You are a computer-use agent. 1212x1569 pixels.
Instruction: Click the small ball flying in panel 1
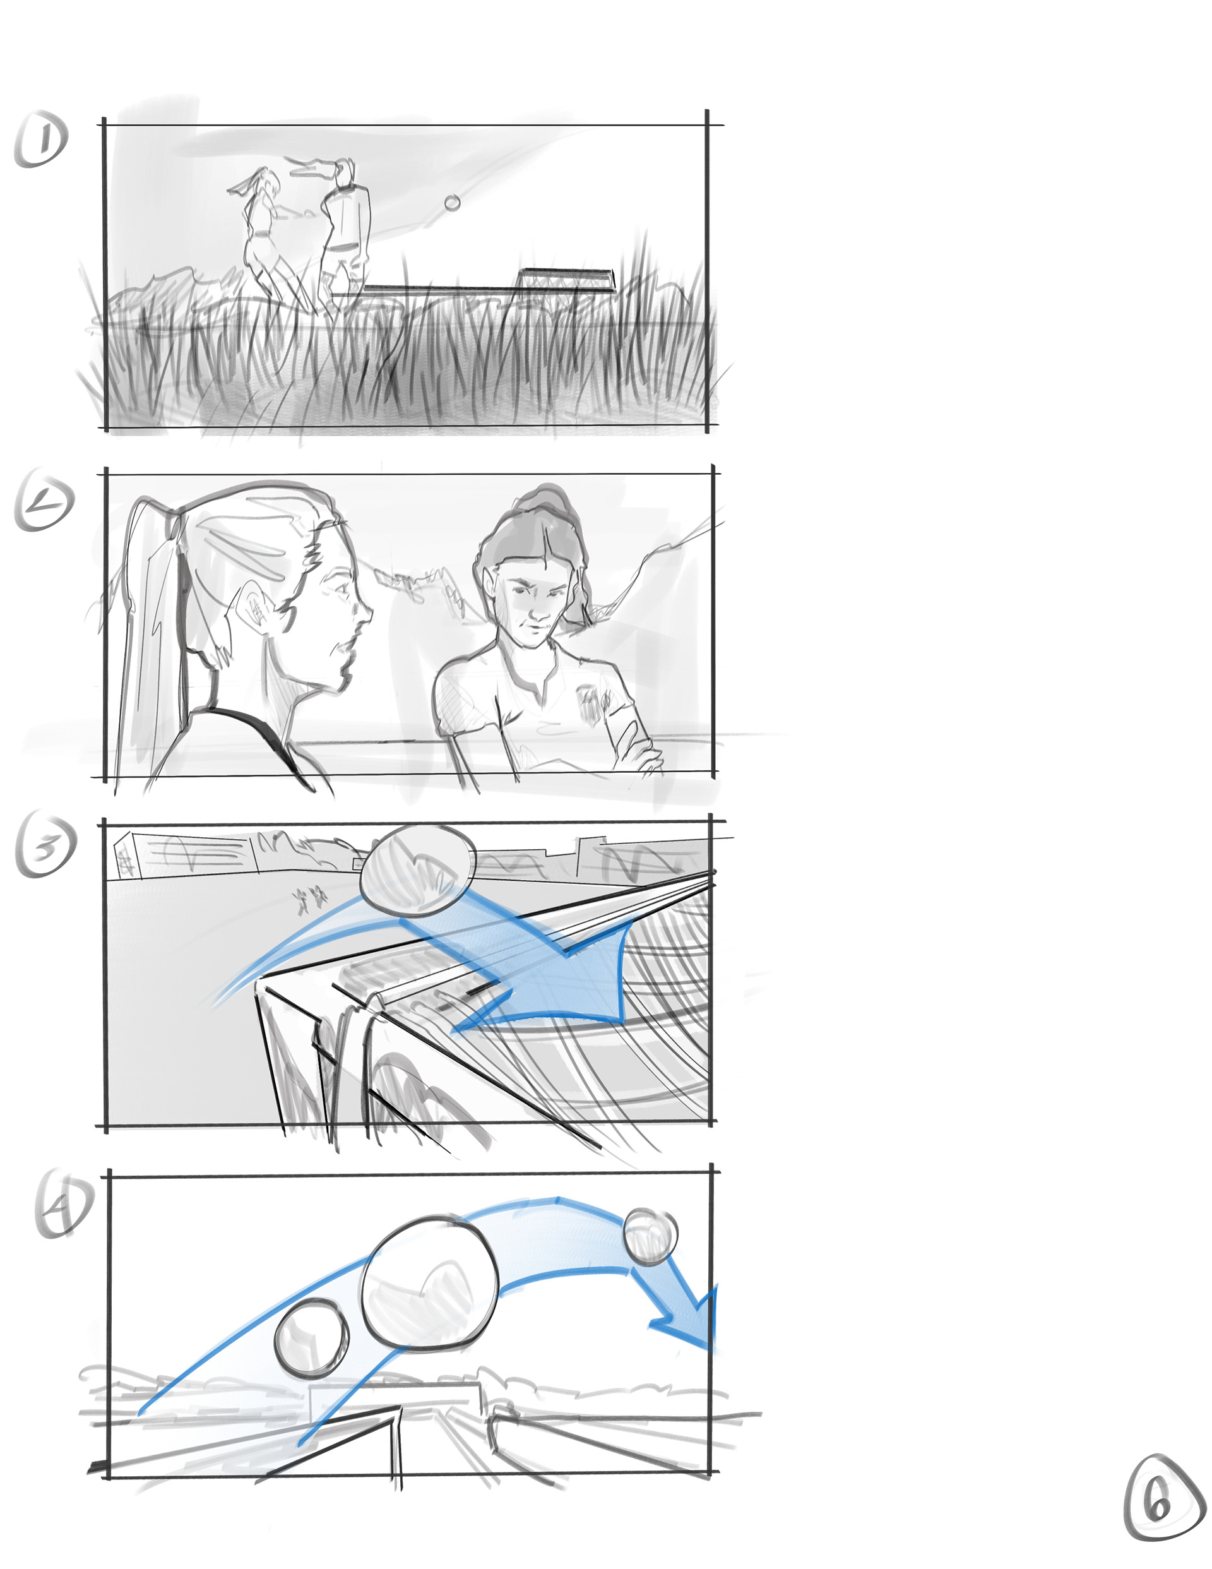click(452, 203)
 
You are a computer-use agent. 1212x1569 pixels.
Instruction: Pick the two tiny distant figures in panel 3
click(310, 898)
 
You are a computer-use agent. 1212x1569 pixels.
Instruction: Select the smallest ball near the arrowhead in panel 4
click(650, 1236)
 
